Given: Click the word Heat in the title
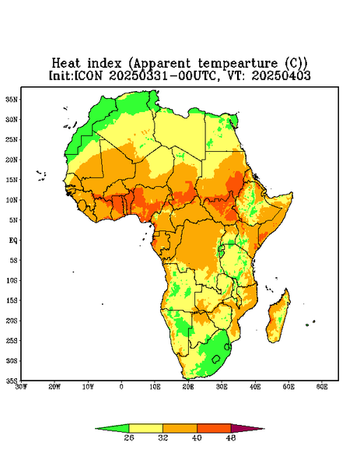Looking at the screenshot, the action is point(66,63).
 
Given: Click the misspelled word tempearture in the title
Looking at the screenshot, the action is point(238,64).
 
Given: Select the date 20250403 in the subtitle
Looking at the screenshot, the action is point(281,75).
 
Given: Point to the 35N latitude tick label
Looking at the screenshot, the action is point(12,99).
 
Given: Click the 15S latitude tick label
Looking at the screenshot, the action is point(12,300).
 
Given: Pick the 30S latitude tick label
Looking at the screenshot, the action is point(12,360).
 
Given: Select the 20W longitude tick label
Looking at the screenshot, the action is point(54,387).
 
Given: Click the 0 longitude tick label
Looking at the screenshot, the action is point(121,387).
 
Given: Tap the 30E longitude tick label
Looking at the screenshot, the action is point(222,387).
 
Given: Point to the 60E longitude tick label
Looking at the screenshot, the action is point(322,387).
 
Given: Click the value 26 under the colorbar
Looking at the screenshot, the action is point(129,437).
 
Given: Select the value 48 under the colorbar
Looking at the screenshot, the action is point(231,437).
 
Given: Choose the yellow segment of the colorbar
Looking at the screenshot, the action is point(145,428).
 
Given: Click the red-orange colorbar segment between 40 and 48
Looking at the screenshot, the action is point(214,428).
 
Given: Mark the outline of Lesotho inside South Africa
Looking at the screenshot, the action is point(216,359).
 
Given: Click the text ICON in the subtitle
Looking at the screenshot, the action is point(89,75).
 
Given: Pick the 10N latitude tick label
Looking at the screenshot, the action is point(12,200).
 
